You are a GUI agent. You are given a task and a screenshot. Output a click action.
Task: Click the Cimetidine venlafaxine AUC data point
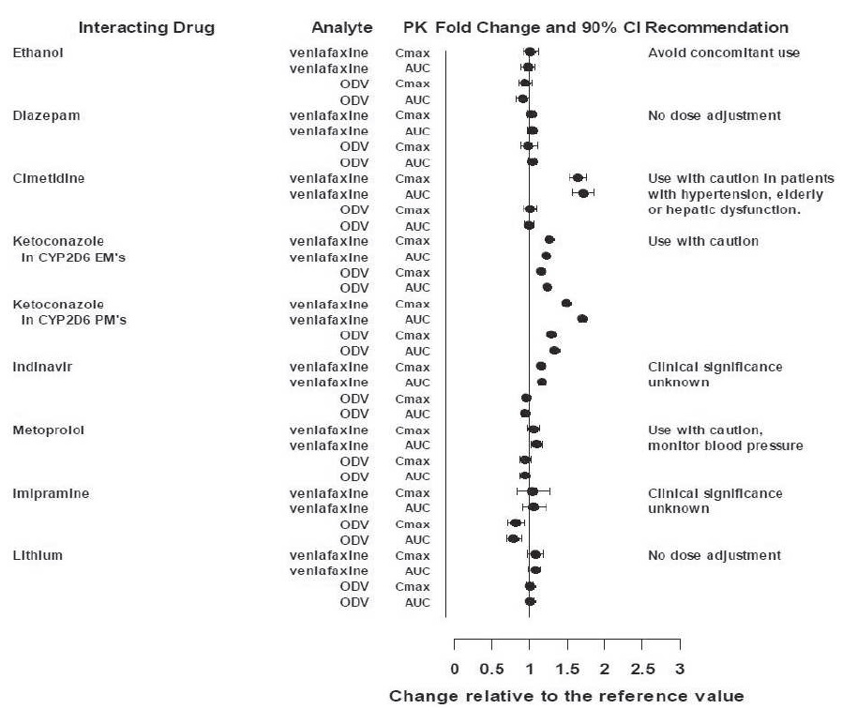tap(582, 193)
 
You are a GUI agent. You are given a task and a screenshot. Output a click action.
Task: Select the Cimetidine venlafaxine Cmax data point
tap(578, 177)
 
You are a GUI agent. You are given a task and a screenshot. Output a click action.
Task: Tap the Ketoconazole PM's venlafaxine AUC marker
tap(581, 319)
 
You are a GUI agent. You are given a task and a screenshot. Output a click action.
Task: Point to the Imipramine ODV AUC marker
tap(512, 538)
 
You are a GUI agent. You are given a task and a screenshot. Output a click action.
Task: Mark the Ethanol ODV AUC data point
tap(522, 98)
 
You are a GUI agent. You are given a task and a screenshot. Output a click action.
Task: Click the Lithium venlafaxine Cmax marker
tap(535, 554)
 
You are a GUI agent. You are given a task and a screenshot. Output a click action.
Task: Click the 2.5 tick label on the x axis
tap(641, 670)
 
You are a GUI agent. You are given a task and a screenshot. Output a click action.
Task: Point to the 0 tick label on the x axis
tap(455, 670)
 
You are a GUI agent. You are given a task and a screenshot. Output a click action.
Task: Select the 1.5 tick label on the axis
tap(566, 670)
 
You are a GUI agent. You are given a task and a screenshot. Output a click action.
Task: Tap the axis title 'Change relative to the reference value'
tap(566, 696)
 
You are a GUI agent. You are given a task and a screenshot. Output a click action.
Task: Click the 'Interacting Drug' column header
tap(146, 28)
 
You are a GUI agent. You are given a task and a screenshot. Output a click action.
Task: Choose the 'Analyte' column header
tap(341, 28)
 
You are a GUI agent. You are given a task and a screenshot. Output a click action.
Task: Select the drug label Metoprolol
tap(49, 430)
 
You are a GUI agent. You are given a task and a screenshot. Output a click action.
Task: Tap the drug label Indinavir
tap(42, 367)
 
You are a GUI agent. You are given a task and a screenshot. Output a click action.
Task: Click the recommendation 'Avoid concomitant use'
tap(724, 53)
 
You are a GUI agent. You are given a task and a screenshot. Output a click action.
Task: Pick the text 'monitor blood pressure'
tap(725, 445)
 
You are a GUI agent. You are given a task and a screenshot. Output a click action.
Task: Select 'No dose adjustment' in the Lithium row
tap(714, 555)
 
